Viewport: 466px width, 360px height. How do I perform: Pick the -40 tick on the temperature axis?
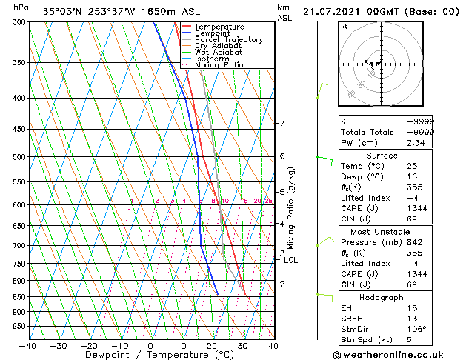[x=28, y=345]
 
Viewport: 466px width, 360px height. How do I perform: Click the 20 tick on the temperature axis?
[x=212, y=345]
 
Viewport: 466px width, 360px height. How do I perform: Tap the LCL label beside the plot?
[x=291, y=260]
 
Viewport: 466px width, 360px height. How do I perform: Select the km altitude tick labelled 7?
[x=282, y=123]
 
